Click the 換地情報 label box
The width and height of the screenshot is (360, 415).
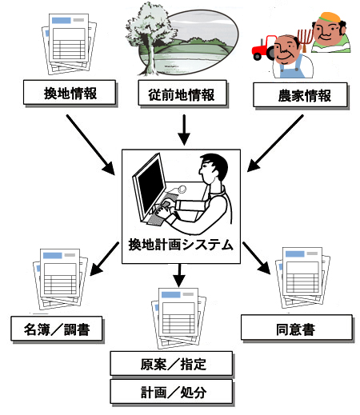70,92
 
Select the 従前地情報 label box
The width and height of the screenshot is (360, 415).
182,93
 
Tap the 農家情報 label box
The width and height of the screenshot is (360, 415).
300,95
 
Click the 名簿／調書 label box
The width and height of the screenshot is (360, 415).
57,329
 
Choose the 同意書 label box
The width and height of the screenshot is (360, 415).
297,327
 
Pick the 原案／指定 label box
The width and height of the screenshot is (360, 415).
171,364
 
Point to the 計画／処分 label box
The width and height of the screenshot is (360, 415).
171,392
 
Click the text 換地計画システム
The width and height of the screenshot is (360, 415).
181,245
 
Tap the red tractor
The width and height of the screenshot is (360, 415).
263,48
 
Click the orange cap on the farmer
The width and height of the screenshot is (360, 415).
330,18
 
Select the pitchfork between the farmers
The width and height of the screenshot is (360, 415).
305,40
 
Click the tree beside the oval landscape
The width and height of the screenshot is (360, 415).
148,38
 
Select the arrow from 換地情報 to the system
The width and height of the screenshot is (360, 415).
90,145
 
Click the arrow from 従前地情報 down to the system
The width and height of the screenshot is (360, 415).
184,130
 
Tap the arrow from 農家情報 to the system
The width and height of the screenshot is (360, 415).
275,143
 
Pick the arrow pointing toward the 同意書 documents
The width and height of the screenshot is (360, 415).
257,258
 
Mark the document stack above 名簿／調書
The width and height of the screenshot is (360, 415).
60,279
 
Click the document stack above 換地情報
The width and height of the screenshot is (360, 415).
69,44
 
